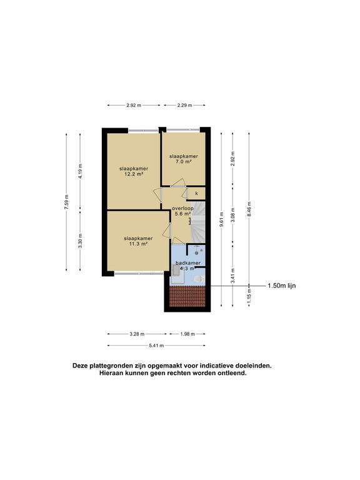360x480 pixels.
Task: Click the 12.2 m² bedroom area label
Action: pos(134,171)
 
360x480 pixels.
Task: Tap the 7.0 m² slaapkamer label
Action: pos(184,159)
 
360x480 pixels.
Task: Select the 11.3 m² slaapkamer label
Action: pos(138,241)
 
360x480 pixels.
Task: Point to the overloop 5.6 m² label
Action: pos(182,211)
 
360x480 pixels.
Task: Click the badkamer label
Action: pos(188,263)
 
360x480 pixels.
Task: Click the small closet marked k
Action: pos(196,194)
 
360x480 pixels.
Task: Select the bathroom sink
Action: pos(176,270)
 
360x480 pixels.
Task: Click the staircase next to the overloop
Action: pos(197,221)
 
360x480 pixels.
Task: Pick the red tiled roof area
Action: pos(187,296)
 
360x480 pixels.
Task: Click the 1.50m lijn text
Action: pos(282,286)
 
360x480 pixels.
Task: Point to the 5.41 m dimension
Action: pos(156,346)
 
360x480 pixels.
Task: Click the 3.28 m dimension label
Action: pos(137,334)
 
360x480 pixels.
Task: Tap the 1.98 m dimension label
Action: pos(187,334)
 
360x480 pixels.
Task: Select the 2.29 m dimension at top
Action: pos(184,105)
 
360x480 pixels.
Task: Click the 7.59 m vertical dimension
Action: pos(66,202)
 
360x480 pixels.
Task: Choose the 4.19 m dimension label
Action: pos(80,171)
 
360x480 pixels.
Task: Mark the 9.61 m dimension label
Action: pos(221,219)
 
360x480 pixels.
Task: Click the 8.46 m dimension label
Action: pos(249,209)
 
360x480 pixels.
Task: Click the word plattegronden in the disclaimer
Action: pos(109,366)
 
